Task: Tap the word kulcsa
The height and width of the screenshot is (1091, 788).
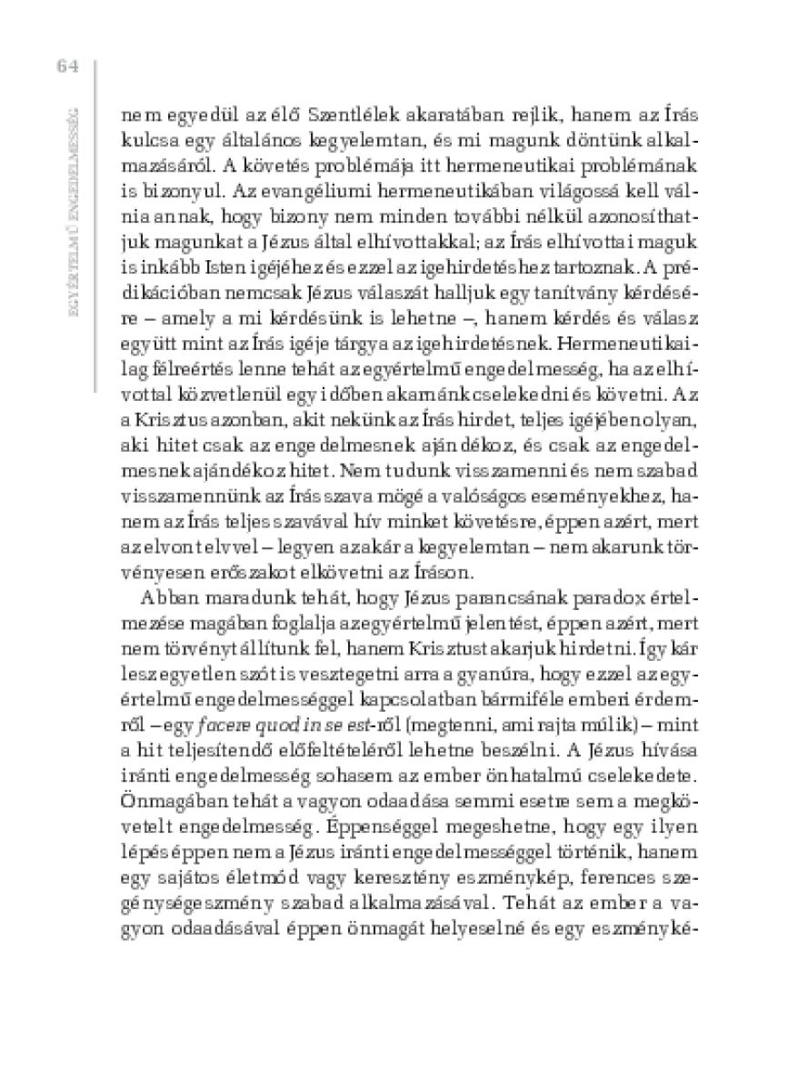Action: tap(145, 142)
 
